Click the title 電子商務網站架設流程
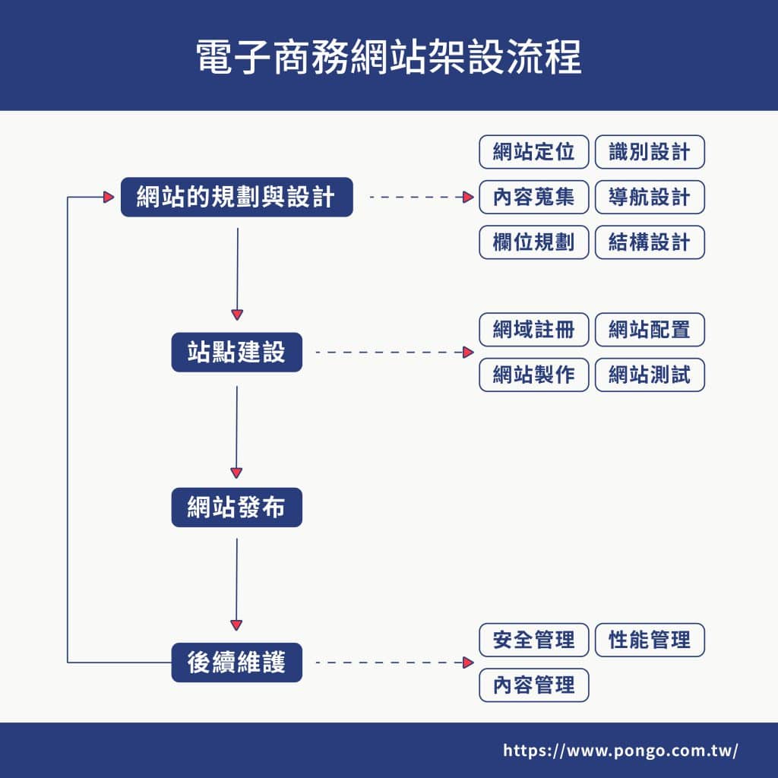[x=389, y=57]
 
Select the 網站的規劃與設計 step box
[x=236, y=198]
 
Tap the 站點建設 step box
[x=236, y=353]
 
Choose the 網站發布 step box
[x=236, y=508]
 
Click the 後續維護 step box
[x=236, y=663]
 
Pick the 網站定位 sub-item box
[x=534, y=152]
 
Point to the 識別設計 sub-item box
[x=650, y=152]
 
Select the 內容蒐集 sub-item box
[x=534, y=198]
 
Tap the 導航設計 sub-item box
[x=650, y=198]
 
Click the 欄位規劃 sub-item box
[x=534, y=242]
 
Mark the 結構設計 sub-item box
[x=650, y=242]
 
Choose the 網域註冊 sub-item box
[x=534, y=330]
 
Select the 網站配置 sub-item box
[x=650, y=330]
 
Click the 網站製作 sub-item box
[x=534, y=375]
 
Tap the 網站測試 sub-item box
[x=650, y=375]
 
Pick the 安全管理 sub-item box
[x=534, y=640]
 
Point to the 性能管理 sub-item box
[x=650, y=640]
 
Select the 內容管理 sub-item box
[x=534, y=685]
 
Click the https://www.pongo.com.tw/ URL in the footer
[x=620, y=751]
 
